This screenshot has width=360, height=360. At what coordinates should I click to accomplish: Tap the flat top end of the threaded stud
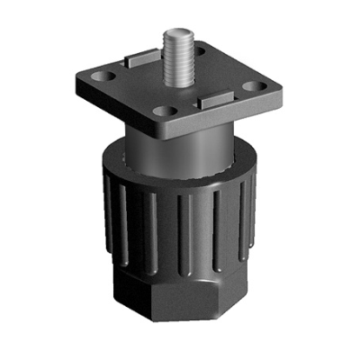tap(175, 36)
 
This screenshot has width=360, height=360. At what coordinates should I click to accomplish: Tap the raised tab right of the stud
tap(214, 98)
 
